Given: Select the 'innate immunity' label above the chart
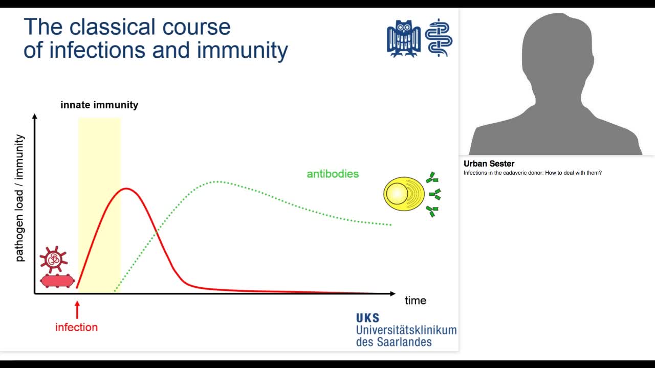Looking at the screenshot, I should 99,105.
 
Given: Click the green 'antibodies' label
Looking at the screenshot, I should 333,174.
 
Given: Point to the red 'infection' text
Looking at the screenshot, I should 76,327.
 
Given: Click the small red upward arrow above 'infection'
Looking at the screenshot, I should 77,310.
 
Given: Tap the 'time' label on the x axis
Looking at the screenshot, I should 415,301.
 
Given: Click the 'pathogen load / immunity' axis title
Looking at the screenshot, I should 20,198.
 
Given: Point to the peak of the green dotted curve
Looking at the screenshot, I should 217,181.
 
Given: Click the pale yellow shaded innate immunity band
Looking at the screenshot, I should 99,153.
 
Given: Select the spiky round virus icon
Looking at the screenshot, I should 53,259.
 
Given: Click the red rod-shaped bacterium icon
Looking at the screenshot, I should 57,281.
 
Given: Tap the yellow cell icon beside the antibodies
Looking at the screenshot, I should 403,194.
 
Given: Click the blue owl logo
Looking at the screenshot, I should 404,38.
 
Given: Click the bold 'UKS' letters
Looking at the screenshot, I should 368,318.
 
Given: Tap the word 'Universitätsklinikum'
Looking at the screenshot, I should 406,330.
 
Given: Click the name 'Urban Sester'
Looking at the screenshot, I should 489,164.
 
